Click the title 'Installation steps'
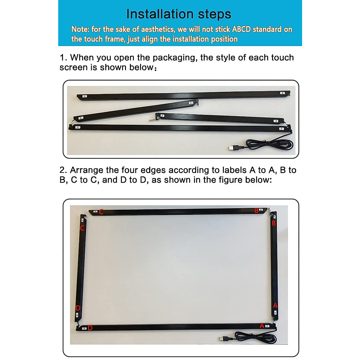click(x=179, y=14)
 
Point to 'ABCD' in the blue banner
click(x=241, y=29)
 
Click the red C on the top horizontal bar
click(x=101, y=212)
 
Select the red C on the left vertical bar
click(x=82, y=228)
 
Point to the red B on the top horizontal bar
click(x=256, y=211)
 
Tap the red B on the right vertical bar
click(x=274, y=223)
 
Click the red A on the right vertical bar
click(x=275, y=306)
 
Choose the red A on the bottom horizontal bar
click(x=262, y=325)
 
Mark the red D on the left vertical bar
click(x=78, y=308)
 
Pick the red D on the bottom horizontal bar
click(x=90, y=328)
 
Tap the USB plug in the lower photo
click(x=223, y=339)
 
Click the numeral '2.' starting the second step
click(x=63, y=170)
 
